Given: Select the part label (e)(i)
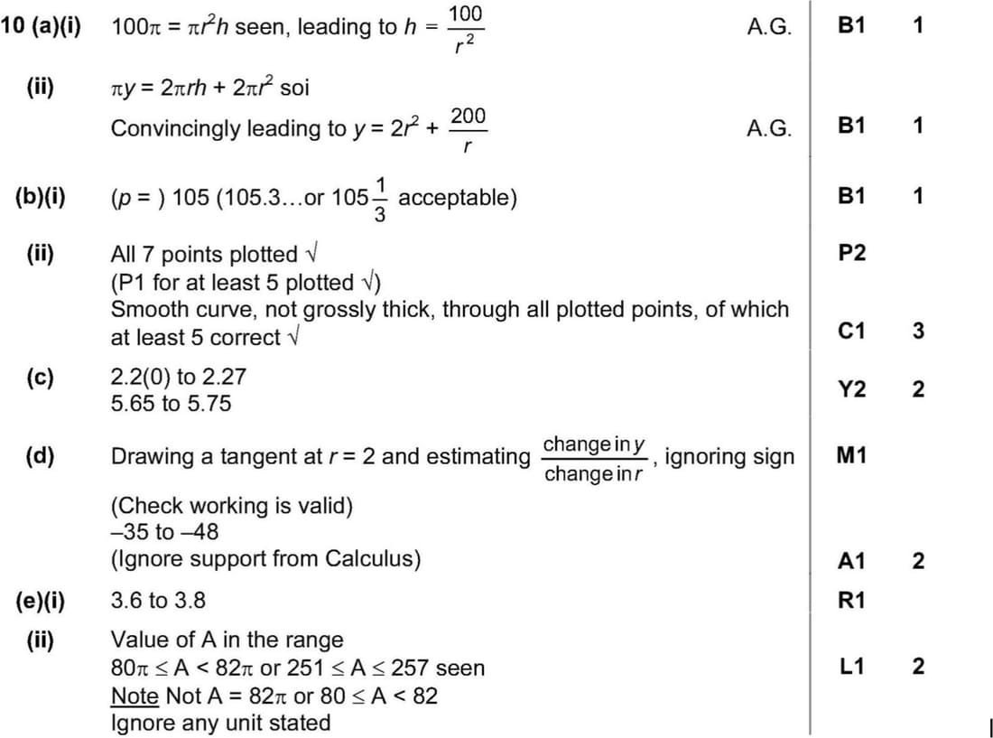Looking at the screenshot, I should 42,600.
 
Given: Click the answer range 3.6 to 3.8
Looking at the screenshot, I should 158,600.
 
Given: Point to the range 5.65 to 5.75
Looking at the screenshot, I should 170,404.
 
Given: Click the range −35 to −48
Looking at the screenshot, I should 164,531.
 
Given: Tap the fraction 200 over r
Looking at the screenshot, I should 468,129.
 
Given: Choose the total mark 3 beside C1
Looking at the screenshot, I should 917,331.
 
